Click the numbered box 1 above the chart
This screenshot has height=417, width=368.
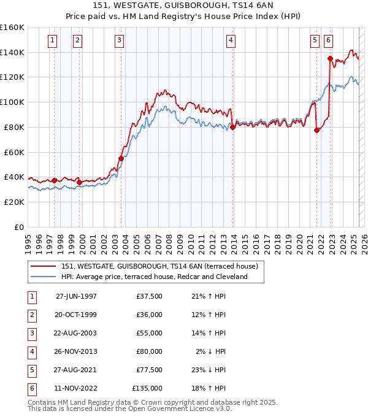(52, 41)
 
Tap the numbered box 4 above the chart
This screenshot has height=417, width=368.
(231, 41)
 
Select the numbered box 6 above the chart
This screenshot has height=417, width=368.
(329, 41)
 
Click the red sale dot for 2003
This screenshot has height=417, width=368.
(121, 158)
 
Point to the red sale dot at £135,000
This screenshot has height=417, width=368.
(330, 59)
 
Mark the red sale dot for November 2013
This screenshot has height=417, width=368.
(233, 127)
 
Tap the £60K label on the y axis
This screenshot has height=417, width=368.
(13, 152)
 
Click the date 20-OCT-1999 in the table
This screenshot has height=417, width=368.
(76, 315)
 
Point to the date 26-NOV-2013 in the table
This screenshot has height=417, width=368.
(76, 351)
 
